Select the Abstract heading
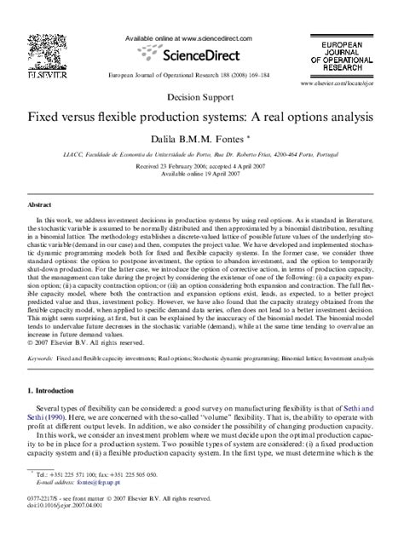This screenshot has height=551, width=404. [x=39, y=205]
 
